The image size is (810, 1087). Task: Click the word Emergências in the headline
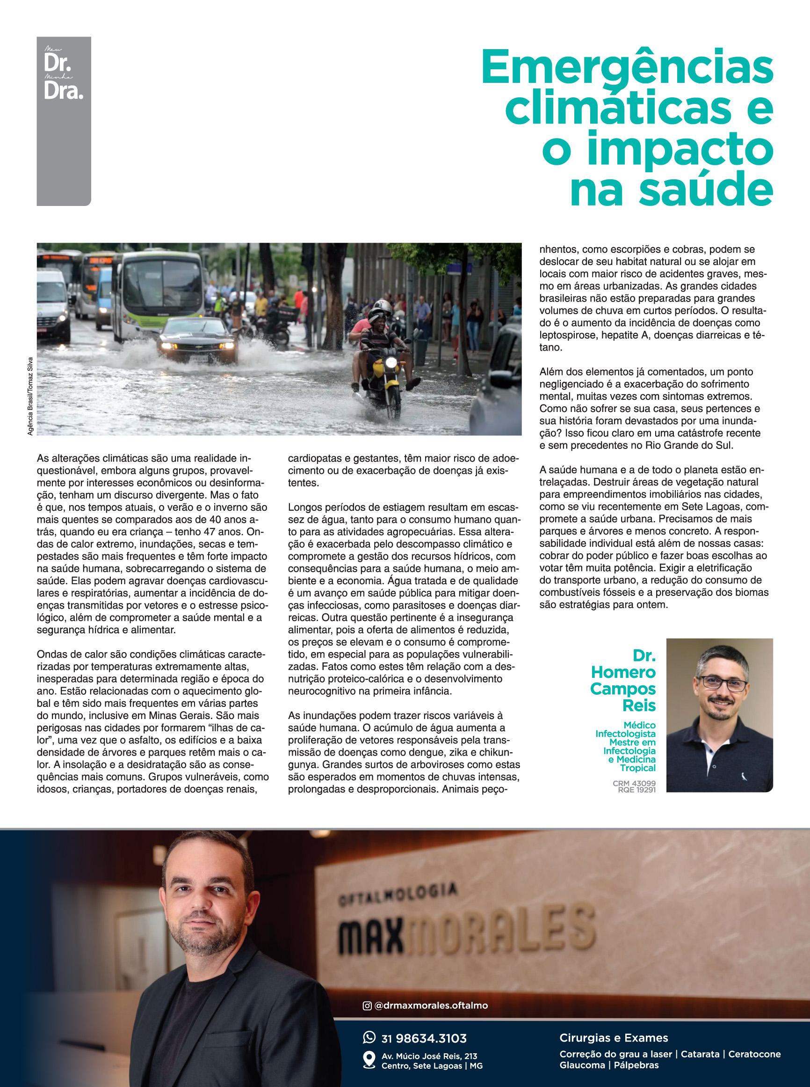tap(627, 67)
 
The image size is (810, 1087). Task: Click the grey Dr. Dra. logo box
tap(64, 121)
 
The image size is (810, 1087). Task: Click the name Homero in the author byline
tap(623, 672)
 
